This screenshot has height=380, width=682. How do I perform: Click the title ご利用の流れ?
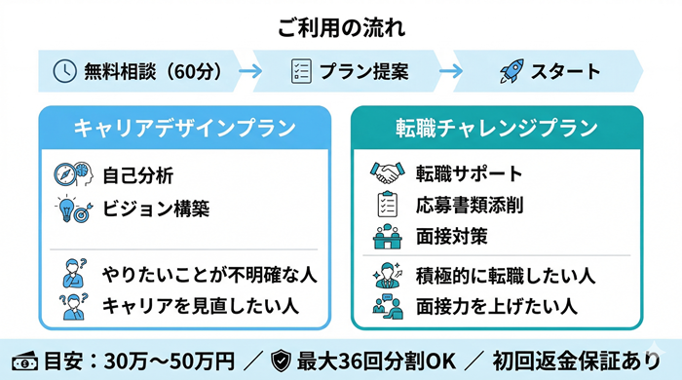pyautogui.click(x=341, y=26)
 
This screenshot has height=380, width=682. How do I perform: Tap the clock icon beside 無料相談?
pyautogui.click(x=63, y=71)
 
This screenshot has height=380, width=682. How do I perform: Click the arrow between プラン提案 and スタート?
pyautogui.click(x=449, y=71)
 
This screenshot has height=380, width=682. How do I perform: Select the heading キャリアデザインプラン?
pyautogui.click(x=186, y=128)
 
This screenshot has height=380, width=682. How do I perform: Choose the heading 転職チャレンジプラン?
pyautogui.click(x=497, y=128)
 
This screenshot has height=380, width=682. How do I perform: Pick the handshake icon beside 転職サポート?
pyautogui.click(x=387, y=174)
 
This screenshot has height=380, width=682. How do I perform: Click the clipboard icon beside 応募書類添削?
pyautogui.click(x=387, y=205)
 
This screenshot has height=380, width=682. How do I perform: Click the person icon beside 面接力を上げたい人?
pyautogui.click(x=387, y=306)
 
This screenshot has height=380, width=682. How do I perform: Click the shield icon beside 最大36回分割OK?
pyautogui.click(x=281, y=358)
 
